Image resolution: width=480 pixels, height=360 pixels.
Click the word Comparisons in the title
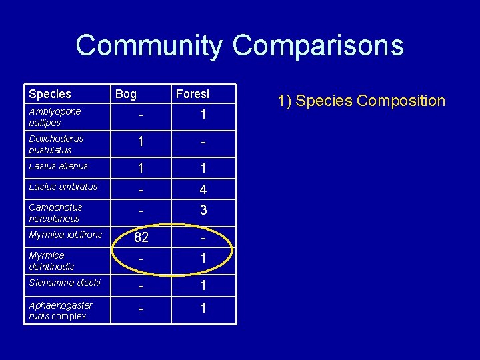pyautogui.click(x=318, y=46)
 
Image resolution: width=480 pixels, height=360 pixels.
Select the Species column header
pyautogui.click(x=50, y=94)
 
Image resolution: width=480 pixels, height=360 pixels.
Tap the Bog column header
pyautogui.click(x=126, y=94)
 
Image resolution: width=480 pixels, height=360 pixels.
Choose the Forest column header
pyautogui.click(x=193, y=94)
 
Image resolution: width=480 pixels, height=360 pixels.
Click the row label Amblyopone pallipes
pyautogui.click(x=55, y=117)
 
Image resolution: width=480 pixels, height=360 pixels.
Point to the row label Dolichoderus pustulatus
pyautogui.click(x=56, y=144)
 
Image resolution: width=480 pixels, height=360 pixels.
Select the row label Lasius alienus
pyautogui.click(x=59, y=166)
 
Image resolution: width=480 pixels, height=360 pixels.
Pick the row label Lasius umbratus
pyautogui.click(x=63, y=187)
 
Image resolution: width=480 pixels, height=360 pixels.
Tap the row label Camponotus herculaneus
pyautogui.click(x=55, y=213)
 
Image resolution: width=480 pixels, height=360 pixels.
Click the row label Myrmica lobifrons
pyautogui.click(x=65, y=235)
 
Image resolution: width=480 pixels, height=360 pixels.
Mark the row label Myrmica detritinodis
pyautogui.click(x=51, y=261)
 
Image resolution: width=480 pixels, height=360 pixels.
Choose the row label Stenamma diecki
pyautogui.click(x=65, y=283)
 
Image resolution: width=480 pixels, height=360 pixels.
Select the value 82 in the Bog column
pyautogui.click(x=141, y=237)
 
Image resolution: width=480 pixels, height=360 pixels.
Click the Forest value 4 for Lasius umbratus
pyautogui.click(x=203, y=189)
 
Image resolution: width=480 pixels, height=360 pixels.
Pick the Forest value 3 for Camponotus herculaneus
pyautogui.click(x=203, y=210)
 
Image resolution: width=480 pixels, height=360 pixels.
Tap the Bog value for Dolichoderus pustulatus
pyautogui.click(x=141, y=142)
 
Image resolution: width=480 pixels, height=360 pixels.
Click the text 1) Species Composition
pyautogui.click(x=361, y=101)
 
